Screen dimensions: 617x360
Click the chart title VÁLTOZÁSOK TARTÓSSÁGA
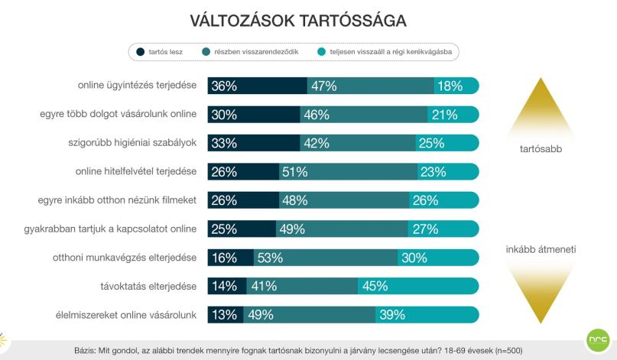coord(298,21)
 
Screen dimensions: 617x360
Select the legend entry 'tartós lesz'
coord(159,51)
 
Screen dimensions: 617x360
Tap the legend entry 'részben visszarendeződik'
coord(250,51)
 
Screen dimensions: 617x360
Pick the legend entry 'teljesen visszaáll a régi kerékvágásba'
coord(385,51)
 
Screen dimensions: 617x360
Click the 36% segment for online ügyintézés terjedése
coord(258,86)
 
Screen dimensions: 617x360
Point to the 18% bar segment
coord(457,86)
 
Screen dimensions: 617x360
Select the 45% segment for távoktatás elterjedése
coord(418,286)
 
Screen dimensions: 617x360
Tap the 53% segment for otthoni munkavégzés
coord(326,258)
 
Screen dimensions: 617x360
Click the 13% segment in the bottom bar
coord(226,315)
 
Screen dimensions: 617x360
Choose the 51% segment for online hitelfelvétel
coord(348,171)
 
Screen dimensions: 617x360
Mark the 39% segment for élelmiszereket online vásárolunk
coord(427,315)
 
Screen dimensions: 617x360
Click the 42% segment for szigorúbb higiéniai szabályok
coord(358,143)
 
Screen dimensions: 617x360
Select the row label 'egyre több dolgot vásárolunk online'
coord(118,114)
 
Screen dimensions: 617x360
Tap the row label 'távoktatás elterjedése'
coord(148,286)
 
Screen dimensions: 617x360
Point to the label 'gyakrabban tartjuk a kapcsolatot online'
coord(110,229)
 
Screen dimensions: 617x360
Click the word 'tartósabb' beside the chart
coord(541,149)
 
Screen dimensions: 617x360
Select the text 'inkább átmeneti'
coord(541,249)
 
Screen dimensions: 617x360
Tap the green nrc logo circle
coord(598,340)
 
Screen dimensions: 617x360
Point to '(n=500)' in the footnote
coord(508,351)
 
